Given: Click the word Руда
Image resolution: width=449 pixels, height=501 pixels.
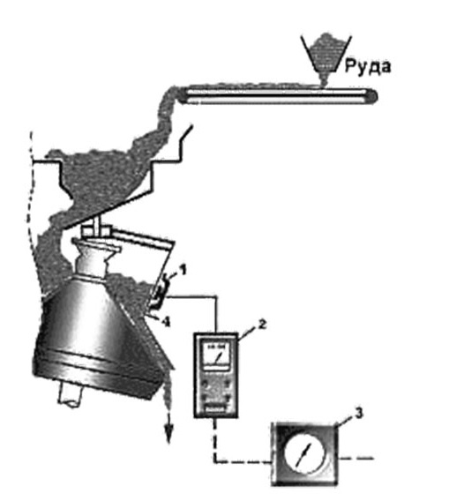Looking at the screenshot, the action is [x=368, y=67].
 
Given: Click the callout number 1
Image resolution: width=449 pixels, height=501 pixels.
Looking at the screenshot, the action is [x=183, y=271].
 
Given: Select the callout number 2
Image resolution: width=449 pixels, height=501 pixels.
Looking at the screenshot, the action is [x=262, y=324].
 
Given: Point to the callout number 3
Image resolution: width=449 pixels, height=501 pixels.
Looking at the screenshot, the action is [x=359, y=413].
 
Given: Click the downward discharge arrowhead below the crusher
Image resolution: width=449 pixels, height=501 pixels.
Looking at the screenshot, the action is [x=168, y=435].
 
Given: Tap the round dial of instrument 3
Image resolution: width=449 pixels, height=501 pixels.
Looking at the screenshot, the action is [x=305, y=453].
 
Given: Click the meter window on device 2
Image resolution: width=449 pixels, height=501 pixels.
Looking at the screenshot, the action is [x=216, y=356].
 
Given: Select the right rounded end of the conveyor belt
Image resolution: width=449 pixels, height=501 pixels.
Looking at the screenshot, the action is [x=371, y=96].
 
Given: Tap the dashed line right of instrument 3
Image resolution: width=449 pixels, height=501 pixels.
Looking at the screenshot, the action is [x=355, y=458].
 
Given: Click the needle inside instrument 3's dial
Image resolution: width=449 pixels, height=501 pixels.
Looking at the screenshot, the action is [x=303, y=454].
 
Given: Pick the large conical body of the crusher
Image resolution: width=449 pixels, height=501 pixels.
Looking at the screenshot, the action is [x=96, y=333].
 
